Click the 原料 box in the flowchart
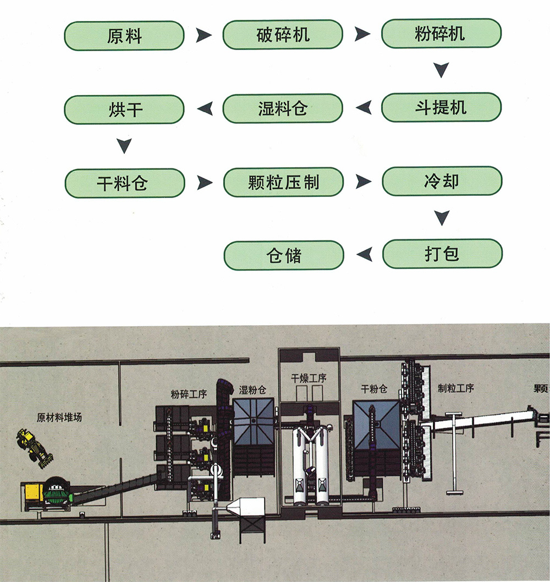(124, 36)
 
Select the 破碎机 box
(283, 35)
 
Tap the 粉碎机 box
(441, 34)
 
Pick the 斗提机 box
(441, 107)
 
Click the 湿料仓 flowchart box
(283, 108)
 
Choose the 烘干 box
(124, 109)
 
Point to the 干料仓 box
(124, 183)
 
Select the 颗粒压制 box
(283, 182)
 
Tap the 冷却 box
(442, 182)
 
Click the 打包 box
(442, 254)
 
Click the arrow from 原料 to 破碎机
(204, 36)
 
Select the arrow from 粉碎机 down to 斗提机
(441, 70)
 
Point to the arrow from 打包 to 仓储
(364, 254)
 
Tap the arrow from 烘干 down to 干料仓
(125, 146)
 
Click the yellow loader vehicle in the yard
(34, 444)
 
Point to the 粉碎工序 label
(189, 393)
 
